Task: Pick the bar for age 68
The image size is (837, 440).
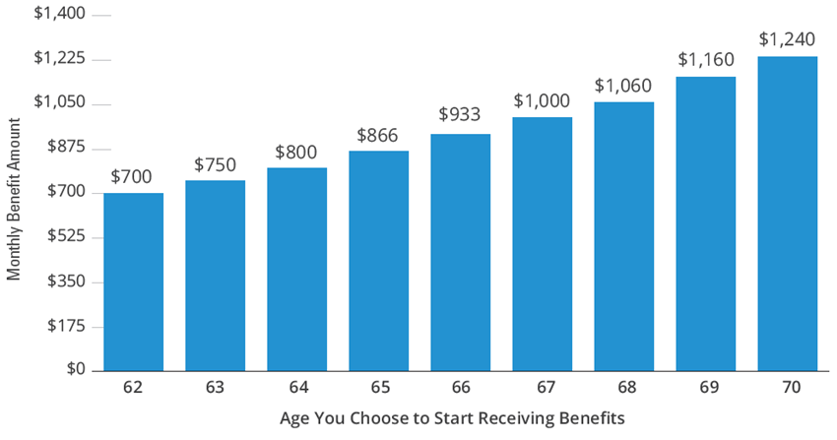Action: [x=623, y=236]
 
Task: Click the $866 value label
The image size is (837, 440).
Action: [x=378, y=136]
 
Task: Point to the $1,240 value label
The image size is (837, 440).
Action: [x=787, y=40]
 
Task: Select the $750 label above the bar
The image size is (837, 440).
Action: [x=215, y=164]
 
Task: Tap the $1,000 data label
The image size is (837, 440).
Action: [x=542, y=101]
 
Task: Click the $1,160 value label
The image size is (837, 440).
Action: [x=705, y=60]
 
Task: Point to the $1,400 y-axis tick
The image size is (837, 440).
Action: [x=60, y=16]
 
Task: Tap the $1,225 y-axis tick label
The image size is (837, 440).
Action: [x=60, y=60]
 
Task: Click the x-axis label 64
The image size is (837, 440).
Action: [x=296, y=388]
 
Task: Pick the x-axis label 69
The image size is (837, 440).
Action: [x=705, y=388]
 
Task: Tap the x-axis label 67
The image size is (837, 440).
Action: [x=542, y=388]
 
